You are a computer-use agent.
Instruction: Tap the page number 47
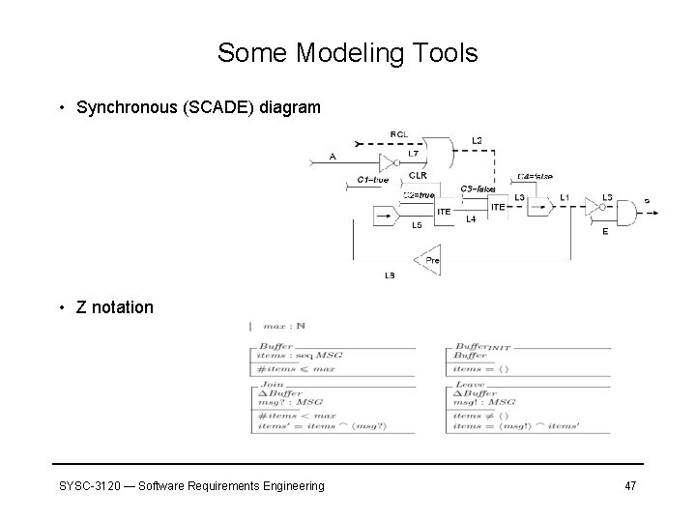pyautogui.click(x=629, y=485)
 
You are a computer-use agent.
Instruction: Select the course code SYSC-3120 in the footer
pyautogui.click(x=87, y=485)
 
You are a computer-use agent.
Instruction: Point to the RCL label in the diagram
pyautogui.click(x=398, y=133)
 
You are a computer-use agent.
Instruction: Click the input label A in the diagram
pyautogui.click(x=333, y=156)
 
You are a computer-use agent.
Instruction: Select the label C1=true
pyautogui.click(x=372, y=180)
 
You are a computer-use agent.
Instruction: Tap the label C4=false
pyautogui.click(x=535, y=177)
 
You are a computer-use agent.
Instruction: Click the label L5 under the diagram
pyautogui.click(x=417, y=226)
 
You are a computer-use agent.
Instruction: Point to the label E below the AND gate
pyautogui.click(x=605, y=232)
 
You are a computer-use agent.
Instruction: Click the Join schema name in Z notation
pyautogui.click(x=271, y=384)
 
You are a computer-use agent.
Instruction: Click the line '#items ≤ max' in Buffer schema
pyautogui.click(x=295, y=368)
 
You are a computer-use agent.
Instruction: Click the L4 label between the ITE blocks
pyautogui.click(x=471, y=219)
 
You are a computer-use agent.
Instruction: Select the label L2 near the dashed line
pyautogui.click(x=477, y=142)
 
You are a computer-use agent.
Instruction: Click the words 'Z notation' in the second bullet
pyautogui.click(x=115, y=307)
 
